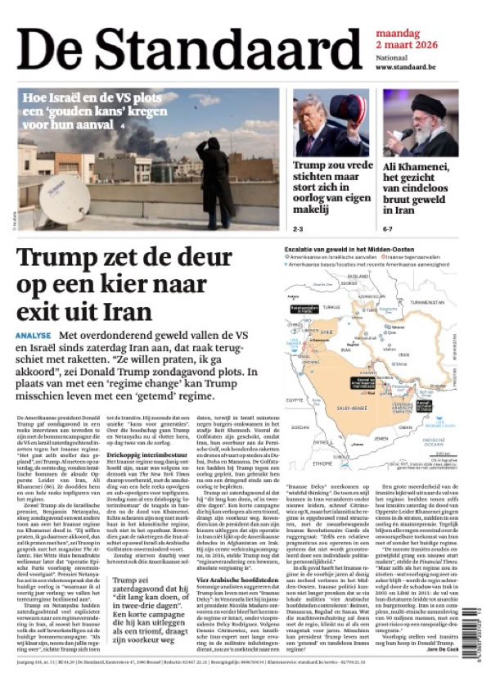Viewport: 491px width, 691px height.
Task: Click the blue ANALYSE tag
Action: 34,336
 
